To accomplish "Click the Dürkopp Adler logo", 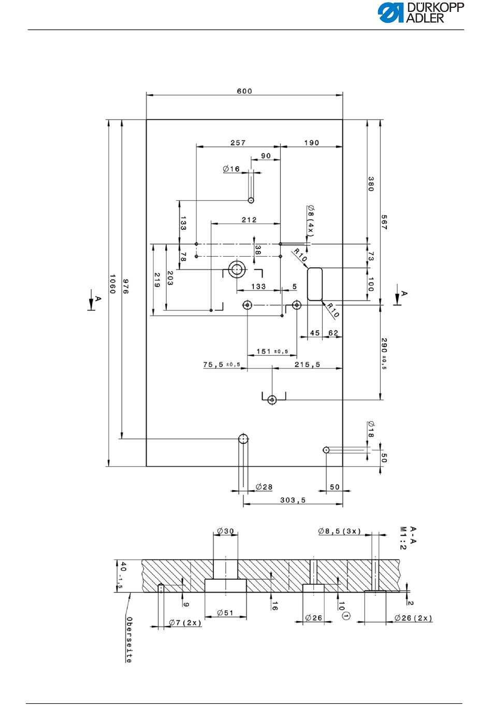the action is pyautogui.click(x=421, y=13).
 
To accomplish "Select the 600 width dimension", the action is pyautogui.click(x=244, y=91).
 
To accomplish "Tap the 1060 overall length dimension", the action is pyautogui.click(x=112, y=284).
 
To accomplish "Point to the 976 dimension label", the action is pyautogui.click(x=126, y=286).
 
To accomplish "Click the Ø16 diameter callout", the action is pyautogui.click(x=231, y=169).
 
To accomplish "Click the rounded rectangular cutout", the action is pyautogui.click(x=314, y=284).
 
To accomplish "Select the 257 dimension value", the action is pyautogui.click(x=238, y=143).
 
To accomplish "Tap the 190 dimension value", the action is pyautogui.click(x=311, y=143).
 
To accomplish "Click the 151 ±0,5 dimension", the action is pyautogui.click(x=272, y=351).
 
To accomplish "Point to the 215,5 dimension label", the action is pyautogui.click(x=307, y=364).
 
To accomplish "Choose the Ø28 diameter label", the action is pyautogui.click(x=264, y=487).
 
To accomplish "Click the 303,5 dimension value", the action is pyautogui.click(x=293, y=500).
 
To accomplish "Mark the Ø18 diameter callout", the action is pyautogui.click(x=371, y=429).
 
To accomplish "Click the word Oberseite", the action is pyautogui.click(x=129, y=640).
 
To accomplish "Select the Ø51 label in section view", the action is pyautogui.click(x=225, y=612).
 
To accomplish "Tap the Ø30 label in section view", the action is pyautogui.click(x=225, y=531).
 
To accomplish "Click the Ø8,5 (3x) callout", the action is pyautogui.click(x=339, y=531).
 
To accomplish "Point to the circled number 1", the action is pyautogui.click(x=345, y=616).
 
